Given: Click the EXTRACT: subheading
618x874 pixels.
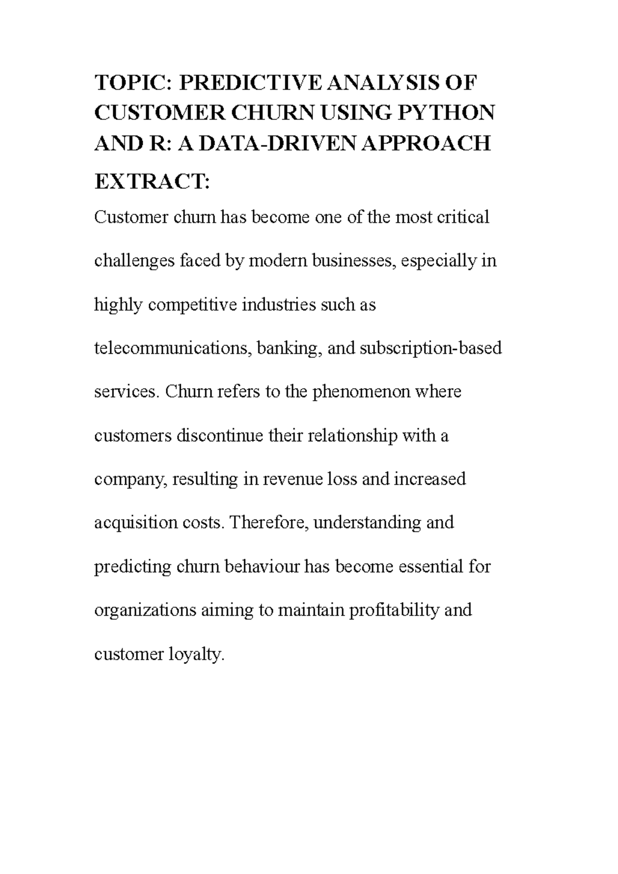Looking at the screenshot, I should [152, 181].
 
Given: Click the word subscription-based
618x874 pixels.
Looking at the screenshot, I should [431, 348].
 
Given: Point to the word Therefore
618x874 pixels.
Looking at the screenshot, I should [268, 523].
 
